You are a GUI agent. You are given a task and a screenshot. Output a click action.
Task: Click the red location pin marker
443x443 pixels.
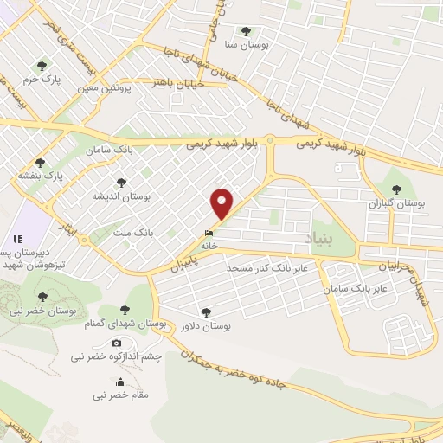tap(222, 203)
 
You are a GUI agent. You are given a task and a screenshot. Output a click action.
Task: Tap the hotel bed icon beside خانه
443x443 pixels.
tap(209, 233)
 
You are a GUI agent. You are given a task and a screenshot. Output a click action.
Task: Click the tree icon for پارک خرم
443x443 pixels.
tap(41, 65)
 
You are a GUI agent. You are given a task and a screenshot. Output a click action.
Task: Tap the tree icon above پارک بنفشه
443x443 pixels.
tap(40, 162)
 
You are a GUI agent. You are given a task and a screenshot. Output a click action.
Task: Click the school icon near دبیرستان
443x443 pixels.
tap(16, 239)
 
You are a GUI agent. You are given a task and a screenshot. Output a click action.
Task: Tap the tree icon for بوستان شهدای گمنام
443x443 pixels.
tap(126, 310)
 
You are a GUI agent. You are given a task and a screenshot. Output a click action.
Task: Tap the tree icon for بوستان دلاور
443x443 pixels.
tap(204, 313)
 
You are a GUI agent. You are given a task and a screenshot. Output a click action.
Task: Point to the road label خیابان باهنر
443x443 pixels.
tap(177, 84)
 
